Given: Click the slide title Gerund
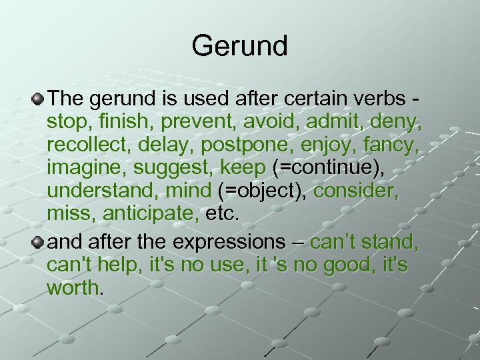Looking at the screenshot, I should [x=239, y=46].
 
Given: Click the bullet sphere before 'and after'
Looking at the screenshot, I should [x=38, y=241].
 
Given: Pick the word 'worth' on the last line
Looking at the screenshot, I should [x=73, y=289].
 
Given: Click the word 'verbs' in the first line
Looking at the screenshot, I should [x=375, y=99].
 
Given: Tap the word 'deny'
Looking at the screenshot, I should [x=399, y=123].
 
